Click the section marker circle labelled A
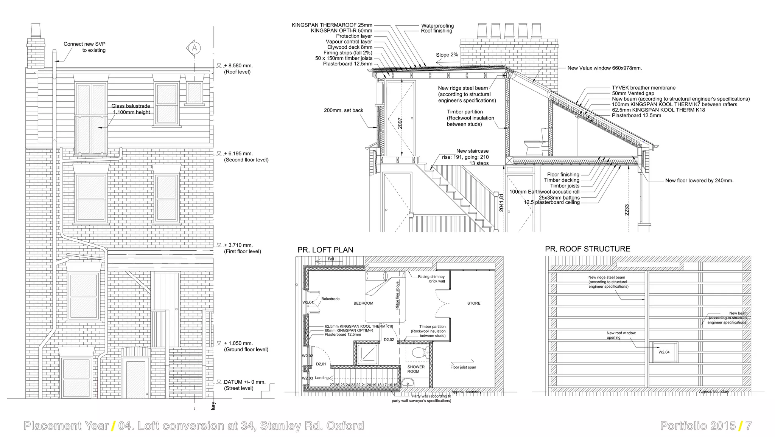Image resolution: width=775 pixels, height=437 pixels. (x=195, y=48)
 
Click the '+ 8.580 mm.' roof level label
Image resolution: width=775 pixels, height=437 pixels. (x=238, y=65)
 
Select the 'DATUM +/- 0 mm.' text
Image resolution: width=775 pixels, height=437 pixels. (x=244, y=382)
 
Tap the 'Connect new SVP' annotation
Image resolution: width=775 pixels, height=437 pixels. (x=84, y=44)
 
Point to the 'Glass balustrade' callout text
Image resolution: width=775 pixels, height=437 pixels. (x=131, y=106)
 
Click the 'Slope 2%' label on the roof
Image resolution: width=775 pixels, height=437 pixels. (x=447, y=55)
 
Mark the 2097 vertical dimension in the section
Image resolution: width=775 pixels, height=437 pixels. (x=400, y=123)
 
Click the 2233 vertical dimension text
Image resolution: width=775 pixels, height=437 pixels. (x=627, y=210)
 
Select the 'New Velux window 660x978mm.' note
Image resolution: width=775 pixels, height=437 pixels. (x=604, y=68)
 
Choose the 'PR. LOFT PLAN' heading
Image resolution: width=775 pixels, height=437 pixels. (x=325, y=250)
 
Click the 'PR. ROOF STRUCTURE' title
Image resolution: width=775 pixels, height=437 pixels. (x=587, y=249)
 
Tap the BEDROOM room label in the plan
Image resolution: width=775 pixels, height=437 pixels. (x=363, y=303)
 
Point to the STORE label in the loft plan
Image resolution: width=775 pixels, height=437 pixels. (x=473, y=303)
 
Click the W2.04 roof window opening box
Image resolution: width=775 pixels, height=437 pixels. (x=664, y=352)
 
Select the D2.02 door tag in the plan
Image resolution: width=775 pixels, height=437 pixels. (x=389, y=339)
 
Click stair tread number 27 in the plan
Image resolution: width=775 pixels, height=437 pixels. (x=332, y=385)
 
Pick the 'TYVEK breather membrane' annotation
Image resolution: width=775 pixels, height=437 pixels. (x=643, y=88)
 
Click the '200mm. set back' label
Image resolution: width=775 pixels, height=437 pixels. (x=343, y=110)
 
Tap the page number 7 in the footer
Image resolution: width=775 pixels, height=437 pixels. (x=748, y=426)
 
